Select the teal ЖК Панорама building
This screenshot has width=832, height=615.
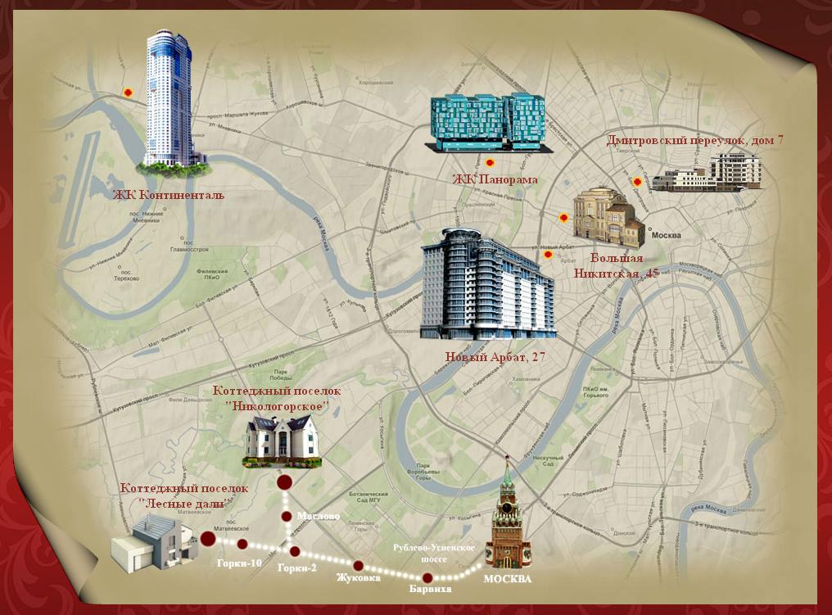[x=489, y=122]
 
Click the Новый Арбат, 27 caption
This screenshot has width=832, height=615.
[x=495, y=357]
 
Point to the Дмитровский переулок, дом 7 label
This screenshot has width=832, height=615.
[x=694, y=140]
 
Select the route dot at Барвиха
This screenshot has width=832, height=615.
[x=427, y=578]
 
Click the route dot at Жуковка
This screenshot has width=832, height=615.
[x=358, y=565]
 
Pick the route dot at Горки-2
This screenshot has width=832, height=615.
[x=295, y=551]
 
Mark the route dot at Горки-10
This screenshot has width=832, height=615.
[x=242, y=544]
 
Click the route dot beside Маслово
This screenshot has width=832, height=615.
[x=287, y=516]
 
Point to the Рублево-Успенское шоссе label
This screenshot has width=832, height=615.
[x=429, y=552]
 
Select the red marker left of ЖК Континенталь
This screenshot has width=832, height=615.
[x=128, y=93]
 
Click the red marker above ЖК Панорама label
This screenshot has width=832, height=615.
[x=490, y=163]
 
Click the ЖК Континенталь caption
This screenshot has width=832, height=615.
[x=169, y=195]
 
